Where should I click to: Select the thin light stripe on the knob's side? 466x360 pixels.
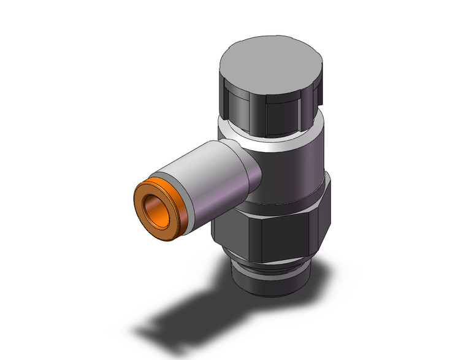(299, 110)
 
